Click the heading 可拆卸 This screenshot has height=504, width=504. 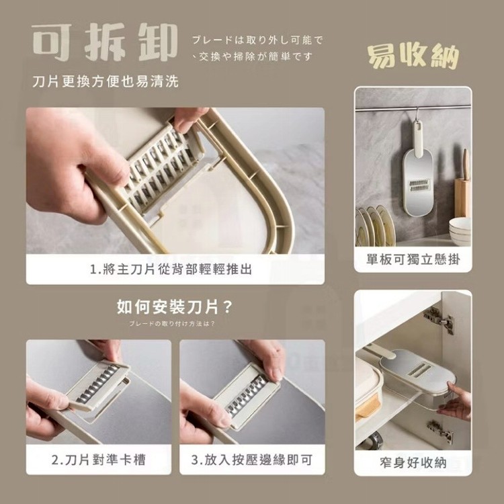105,42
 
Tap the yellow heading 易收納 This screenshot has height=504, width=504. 413,56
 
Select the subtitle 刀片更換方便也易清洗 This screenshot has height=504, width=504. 106,81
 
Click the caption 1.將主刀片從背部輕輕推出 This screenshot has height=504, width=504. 171,269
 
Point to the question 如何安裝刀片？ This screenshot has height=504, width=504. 175,307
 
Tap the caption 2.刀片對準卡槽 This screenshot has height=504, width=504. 99,460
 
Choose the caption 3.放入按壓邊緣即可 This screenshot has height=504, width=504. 252,460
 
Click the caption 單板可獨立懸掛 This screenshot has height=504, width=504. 413,259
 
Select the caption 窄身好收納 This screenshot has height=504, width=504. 413,463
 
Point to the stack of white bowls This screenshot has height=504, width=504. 460,230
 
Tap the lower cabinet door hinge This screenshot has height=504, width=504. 440,429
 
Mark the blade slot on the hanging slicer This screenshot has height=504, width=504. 419,185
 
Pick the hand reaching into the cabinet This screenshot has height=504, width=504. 454,402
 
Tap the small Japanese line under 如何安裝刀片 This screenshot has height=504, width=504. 172,323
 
